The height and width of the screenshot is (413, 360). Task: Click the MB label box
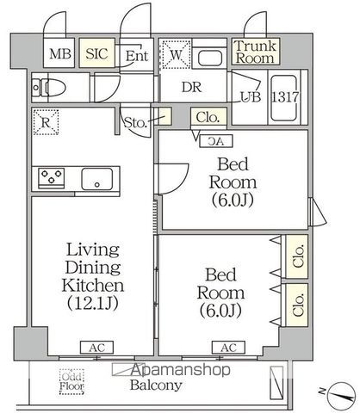pyautogui.click(x=59, y=54)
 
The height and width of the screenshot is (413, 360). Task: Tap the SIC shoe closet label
pyautogui.click(x=96, y=54)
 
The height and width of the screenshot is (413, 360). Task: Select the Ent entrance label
pyautogui.click(x=136, y=56)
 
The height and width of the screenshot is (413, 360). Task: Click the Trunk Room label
pyautogui.click(x=255, y=52)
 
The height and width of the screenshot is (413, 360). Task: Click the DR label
pyautogui.click(x=192, y=86)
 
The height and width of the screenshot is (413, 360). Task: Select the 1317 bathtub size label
pyautogui.click(x=286, y=97)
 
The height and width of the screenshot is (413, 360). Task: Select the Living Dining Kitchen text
pyautogui.click(x=93, y=275)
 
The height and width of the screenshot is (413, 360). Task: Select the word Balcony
pyautogui.click(x=156, y=385)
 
